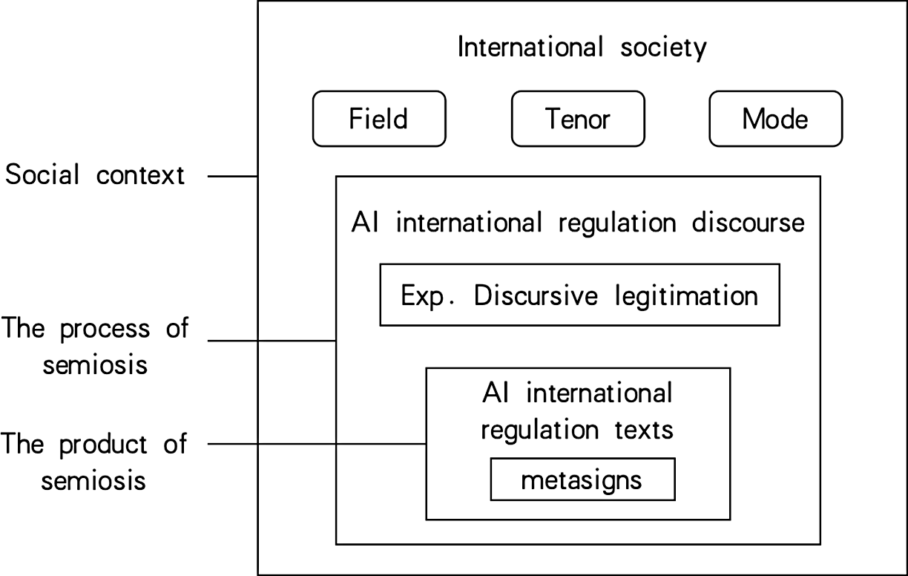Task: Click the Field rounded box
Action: [379, 119]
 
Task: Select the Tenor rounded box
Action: [578, 119]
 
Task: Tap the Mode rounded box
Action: [775, 119]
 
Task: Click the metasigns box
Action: [582, 480]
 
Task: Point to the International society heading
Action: [582, 48]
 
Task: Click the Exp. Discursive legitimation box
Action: [579, 295]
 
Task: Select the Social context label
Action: [95, 177]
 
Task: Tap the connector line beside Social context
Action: [231, 177]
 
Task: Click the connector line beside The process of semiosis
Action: [272, 341]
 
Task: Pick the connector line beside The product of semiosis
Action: [316, 445]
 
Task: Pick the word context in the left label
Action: [141, 177]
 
